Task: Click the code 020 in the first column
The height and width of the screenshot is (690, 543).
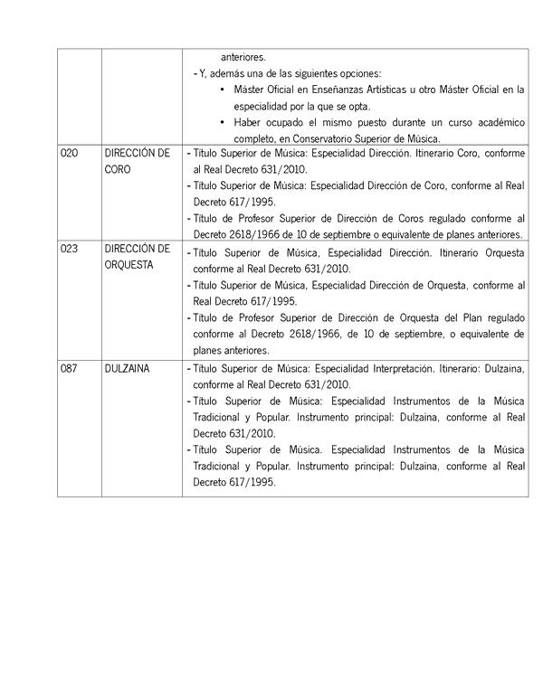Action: (69, 154)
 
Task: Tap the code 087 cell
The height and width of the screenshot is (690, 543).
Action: (69, 369)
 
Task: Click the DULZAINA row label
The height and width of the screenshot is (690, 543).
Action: (127, 369)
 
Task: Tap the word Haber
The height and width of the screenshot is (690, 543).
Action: (249, 122)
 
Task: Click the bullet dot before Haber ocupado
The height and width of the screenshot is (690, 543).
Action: (224, 122)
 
